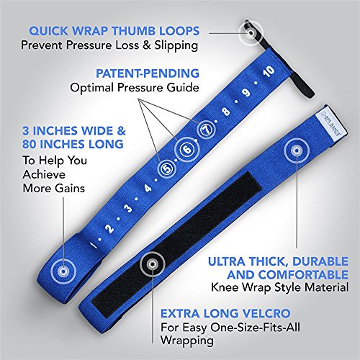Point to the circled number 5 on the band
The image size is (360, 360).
pos(167,169)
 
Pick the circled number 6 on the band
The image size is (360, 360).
pos(187,150)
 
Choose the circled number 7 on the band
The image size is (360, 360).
pos(206,130)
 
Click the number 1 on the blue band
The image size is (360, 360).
pos(91,245)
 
